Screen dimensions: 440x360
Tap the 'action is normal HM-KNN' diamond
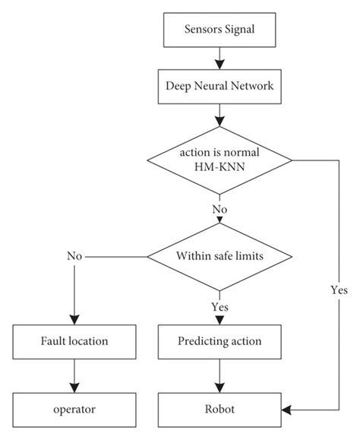(x=219, y=160)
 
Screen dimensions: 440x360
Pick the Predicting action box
(x=219, y=341)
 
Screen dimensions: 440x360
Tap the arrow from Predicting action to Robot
(x=219, y=375)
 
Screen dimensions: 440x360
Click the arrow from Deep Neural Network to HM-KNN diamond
(x=219, y=116)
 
